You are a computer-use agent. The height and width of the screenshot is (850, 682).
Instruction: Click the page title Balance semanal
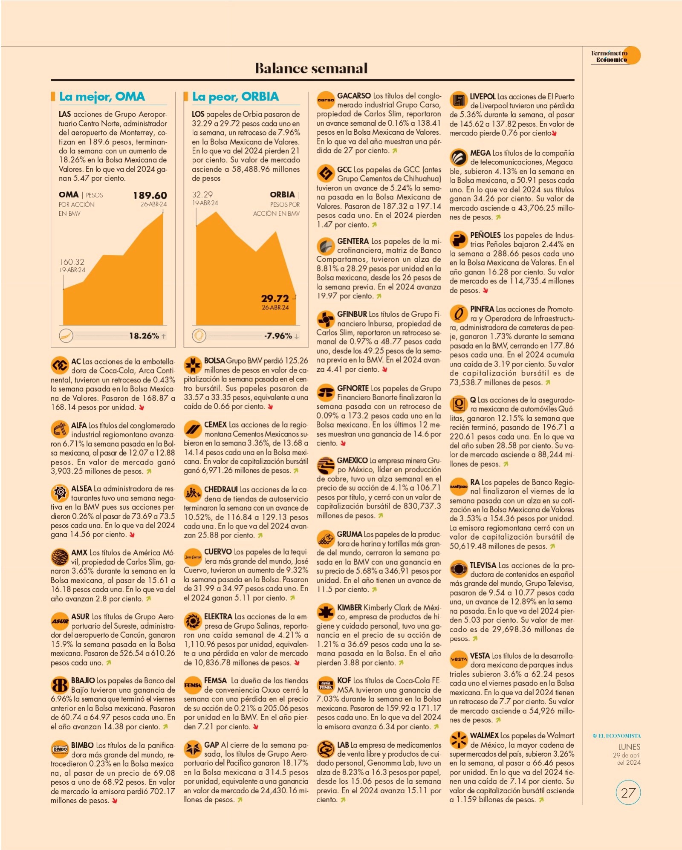311,68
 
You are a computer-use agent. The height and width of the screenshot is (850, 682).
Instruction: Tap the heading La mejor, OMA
102,97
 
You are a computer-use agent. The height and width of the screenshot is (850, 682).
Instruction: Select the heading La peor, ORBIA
235,97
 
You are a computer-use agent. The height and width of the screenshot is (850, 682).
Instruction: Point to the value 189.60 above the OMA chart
150,195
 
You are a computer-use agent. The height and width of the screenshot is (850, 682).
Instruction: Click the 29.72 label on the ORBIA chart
275,298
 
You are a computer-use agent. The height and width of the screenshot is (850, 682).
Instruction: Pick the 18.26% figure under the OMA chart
144,336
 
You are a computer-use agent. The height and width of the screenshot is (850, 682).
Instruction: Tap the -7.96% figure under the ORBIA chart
278,336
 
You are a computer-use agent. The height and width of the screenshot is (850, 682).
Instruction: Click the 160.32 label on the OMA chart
72,262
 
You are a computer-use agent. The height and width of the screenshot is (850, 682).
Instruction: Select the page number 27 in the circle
628,793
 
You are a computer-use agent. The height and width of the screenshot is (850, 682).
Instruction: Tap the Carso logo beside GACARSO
326,100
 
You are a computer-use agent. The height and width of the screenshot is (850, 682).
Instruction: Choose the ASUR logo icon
60,621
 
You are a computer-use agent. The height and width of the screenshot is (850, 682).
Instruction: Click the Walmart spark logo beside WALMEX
459,740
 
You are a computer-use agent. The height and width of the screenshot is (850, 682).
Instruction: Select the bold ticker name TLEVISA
483,565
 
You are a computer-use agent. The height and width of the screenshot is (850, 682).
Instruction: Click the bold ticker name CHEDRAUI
221,489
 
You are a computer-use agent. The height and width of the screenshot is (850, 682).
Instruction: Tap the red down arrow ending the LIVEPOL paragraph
554,133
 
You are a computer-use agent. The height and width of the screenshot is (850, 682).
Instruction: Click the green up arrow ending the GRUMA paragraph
374,590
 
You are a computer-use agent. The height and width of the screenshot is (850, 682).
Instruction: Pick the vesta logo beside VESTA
459,659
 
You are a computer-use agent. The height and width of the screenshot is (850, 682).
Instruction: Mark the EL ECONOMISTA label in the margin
617,736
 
